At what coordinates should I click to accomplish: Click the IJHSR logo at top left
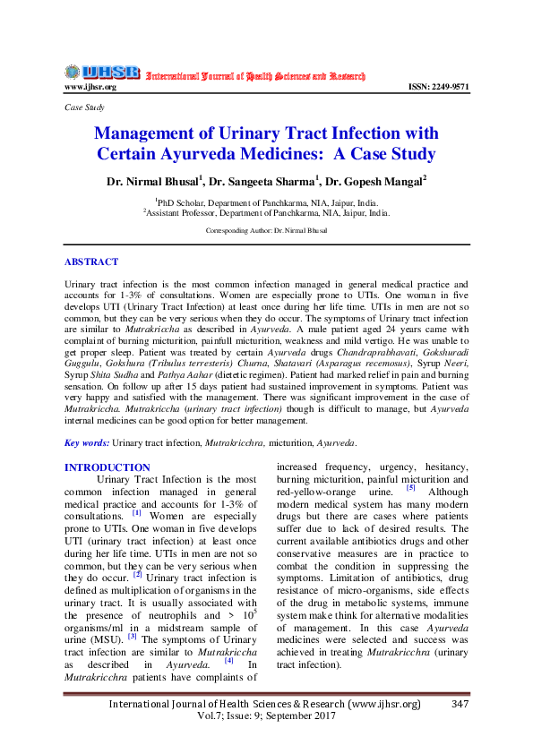[x=101, y=73]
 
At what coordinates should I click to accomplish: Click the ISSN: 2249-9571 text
[x=438, y=87]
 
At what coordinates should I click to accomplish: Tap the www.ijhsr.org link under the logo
[x=90, y=87]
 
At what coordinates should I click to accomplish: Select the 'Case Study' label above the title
[x=84, y=107]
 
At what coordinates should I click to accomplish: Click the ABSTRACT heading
[x=91, y=261]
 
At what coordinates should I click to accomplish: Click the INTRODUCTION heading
[x=107, y=467]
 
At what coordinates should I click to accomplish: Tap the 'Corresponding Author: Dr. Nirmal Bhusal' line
[x=266, y=230]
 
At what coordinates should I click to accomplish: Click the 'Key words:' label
[x=86, y=442]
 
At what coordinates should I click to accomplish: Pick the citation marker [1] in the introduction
[x=136, y=514]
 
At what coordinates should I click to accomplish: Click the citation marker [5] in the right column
[x=410, y=488]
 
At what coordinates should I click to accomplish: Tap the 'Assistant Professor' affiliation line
[x=266, y=214]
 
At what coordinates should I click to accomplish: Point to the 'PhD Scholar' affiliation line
[x=266, y=203]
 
